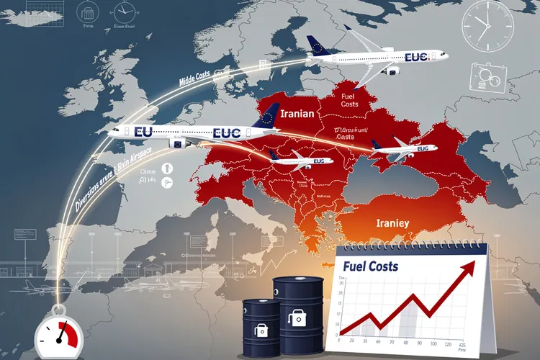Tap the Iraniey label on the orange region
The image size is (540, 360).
pos(392,223)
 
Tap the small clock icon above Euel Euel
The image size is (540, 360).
pos(125,12)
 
